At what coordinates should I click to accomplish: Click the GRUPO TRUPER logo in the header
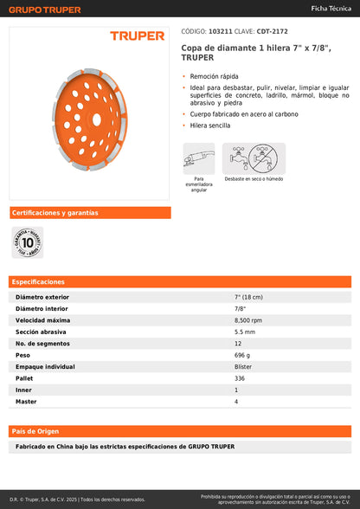[x=46, y=10]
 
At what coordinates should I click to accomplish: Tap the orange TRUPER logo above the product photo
[x=137, y=36]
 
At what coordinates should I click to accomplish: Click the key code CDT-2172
[x=273, y=31]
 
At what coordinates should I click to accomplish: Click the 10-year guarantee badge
[x=27, y=242]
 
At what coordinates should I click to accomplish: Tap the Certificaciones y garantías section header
[x=55, y=213]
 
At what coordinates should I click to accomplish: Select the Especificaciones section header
[x=39, y=282]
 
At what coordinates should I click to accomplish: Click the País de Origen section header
[x=35, y=430]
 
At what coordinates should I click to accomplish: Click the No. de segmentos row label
[x=45, y=344]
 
